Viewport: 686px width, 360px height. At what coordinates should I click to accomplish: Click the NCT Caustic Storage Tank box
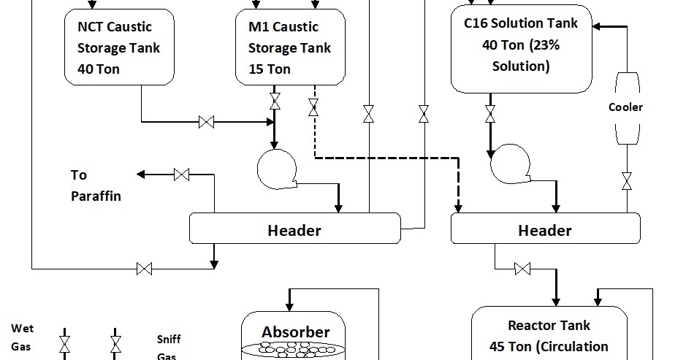tap(120, 45)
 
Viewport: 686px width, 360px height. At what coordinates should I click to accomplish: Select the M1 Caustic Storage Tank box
tap(290, 45)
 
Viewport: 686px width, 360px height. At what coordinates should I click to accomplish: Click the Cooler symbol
tap(626, 107)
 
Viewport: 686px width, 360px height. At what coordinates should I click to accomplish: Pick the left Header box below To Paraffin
tap(295, 229)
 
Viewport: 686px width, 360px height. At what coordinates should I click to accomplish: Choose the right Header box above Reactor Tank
tap(545, 229)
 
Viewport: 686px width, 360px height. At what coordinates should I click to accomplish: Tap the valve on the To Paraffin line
tap(182, 175)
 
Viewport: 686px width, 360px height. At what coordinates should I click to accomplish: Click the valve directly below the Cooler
tap(626, 180)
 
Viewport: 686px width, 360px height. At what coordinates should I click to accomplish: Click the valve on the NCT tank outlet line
tap(206, 122)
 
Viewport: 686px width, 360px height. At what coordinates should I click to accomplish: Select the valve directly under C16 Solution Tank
tap(490, 113)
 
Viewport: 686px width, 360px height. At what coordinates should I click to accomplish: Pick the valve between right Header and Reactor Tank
tap(522, 269)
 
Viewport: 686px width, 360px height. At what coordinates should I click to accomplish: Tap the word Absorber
tap(296, 332)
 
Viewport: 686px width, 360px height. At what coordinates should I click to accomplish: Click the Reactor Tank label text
tap(549, 336)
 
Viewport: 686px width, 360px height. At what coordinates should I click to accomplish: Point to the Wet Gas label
tap(22, 338)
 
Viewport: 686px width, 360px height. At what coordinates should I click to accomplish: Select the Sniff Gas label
tap(168, 348)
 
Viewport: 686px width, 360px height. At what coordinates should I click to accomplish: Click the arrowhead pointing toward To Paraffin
tap(141, 175)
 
